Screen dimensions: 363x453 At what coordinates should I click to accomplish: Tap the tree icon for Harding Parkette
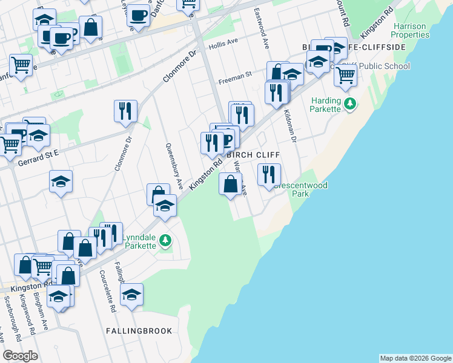[350, 105]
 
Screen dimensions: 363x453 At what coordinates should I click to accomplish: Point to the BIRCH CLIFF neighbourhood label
[253, 155]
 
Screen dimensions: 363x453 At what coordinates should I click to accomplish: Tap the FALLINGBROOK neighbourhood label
[139, 331]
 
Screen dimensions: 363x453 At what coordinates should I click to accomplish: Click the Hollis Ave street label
[223, 45]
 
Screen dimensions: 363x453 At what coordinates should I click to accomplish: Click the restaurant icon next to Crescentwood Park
[269, 175]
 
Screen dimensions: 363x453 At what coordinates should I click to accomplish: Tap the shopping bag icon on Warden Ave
[230, 184]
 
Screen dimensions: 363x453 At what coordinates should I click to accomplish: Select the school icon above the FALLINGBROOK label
[131, 295]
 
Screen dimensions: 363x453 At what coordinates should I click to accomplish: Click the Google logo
[21, 356]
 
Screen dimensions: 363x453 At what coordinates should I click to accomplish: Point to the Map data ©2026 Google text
[415, 358]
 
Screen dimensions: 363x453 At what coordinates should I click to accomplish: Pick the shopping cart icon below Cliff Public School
[345, 76]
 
